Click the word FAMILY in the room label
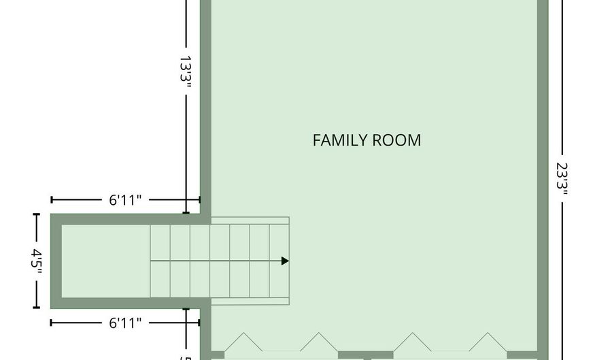pos(340,140)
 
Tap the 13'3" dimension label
pos(186,69)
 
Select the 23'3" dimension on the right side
pos(562,178)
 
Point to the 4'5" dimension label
pos(36,259)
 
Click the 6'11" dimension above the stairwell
pos(125,200)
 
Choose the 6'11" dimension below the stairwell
pos(125,323)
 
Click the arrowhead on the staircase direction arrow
pos(286,261)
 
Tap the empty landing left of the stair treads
pos(106,261)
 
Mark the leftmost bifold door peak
pos(243,333)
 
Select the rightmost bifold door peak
pos(488,333)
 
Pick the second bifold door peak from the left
pos(318,333)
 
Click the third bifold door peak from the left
pos(413,333)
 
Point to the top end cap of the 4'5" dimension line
pos(36,214)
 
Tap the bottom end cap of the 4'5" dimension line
pos(36,308)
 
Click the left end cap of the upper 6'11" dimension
pos(52,200)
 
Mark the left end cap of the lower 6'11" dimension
pos(52,323)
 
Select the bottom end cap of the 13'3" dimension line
pos(186,213)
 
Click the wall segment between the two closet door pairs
pos(365,355)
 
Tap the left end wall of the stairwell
pos(56,261)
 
